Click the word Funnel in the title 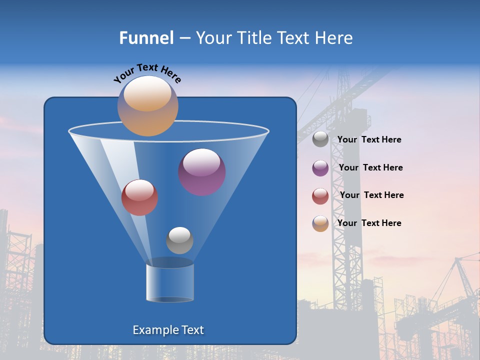[x=146, y=38]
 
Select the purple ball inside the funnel [x=202, y=172]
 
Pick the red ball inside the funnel [x=139, y=197]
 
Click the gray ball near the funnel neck [x=179, y=240]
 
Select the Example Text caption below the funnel [x=168, y=330]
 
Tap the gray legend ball [x=320, y=139]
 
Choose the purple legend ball [x=320, y=168]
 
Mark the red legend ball [x=320, y=196]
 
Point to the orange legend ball [x=320, y=223]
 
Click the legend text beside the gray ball [x=369, y=140]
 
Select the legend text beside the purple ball [x=370, y=167]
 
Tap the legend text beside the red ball [x=372, y=195]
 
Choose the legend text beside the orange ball [x=369, y=223]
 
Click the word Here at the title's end [x=333, y=38]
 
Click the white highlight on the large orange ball [x=147, y=94]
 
